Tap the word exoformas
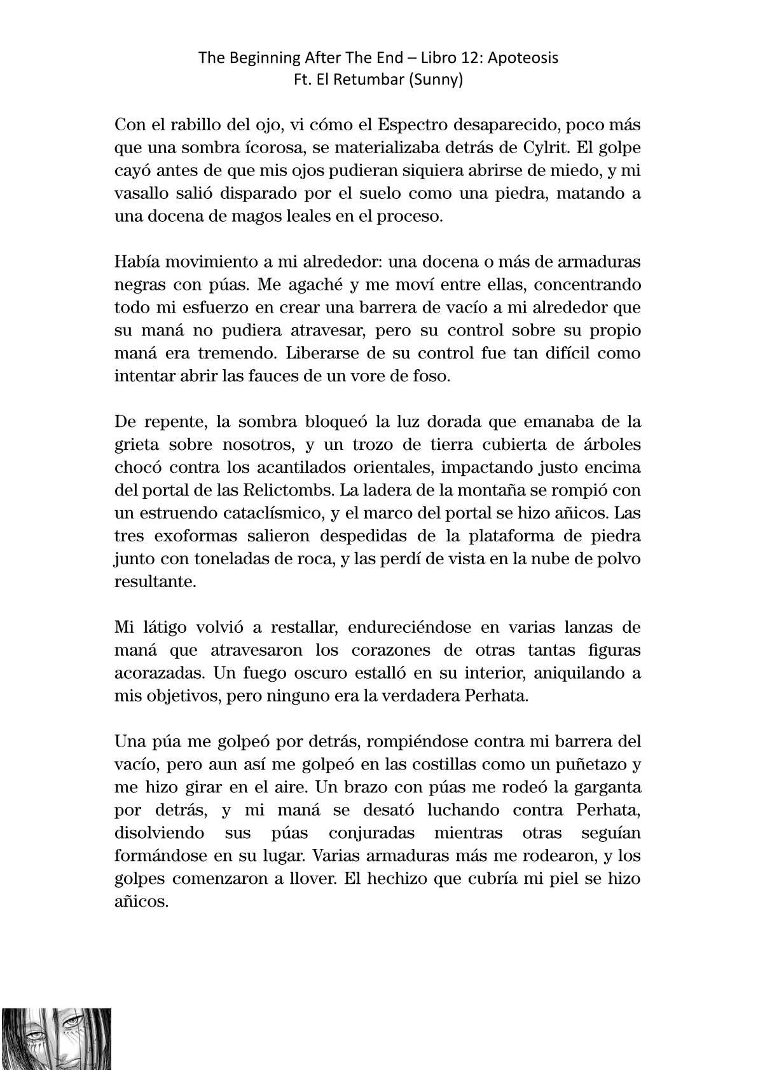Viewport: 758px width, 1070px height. coord(193,536)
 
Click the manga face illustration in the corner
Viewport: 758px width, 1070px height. coord(56,1038)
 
